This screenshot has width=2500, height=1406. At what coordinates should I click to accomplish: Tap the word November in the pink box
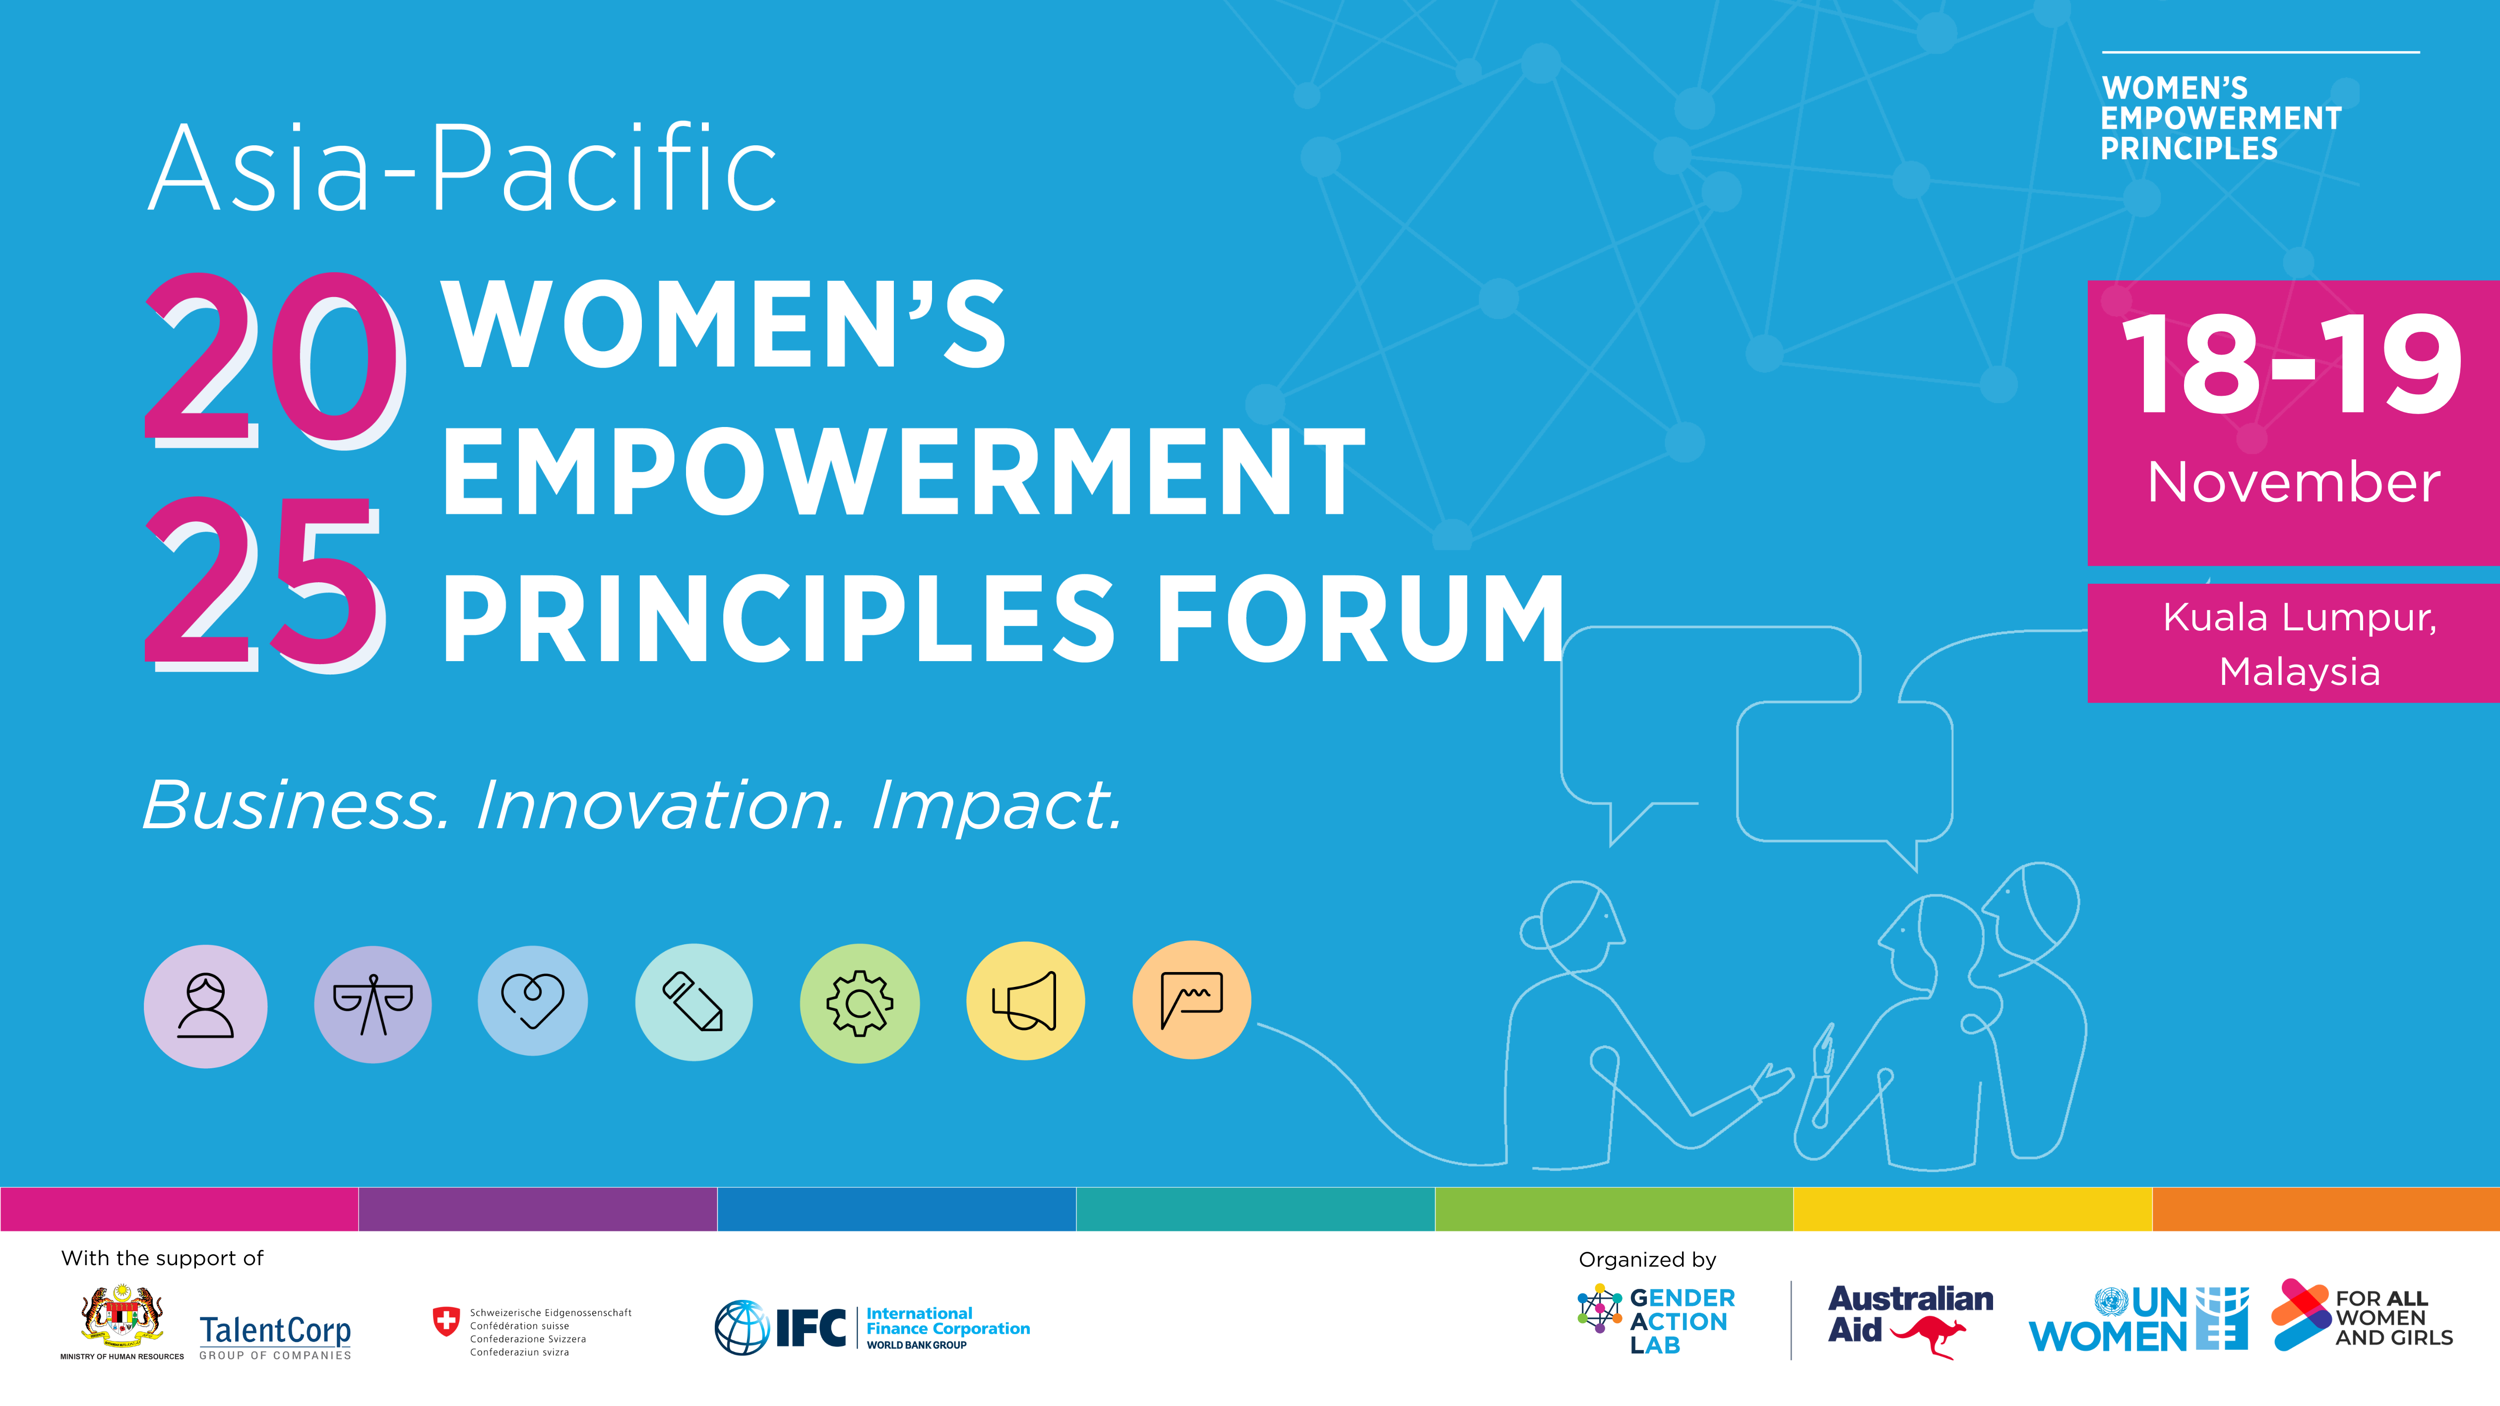(x=2294, y=482)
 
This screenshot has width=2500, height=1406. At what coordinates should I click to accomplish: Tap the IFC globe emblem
(x=743, y=1328)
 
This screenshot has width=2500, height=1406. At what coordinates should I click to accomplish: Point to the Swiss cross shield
(x=445, y=1322)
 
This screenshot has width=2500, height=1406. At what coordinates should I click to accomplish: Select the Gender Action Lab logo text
(x=1682, y=1322)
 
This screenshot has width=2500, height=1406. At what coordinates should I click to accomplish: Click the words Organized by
(x=1647, y=1260)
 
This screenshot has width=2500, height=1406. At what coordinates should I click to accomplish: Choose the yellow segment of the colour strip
(x=1972, y=1209)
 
